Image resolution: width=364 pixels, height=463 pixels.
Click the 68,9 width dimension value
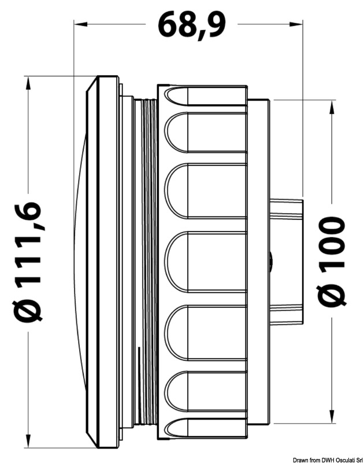[191, 25]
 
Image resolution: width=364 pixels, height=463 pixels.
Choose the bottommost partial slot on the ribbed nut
[205, 428]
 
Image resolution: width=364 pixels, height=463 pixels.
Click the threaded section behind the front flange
[148, 260]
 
